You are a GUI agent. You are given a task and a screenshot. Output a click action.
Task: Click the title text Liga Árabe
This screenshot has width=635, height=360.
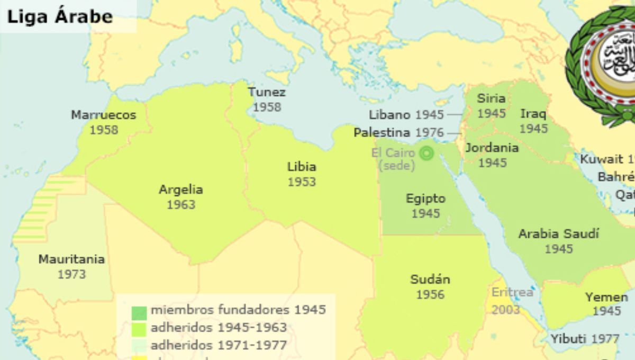[x=60, y=16]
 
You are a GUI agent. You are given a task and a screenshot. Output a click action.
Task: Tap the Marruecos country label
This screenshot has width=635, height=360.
[x=104, y=115]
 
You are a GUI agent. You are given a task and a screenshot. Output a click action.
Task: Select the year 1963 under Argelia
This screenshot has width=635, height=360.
[x=181, y=205]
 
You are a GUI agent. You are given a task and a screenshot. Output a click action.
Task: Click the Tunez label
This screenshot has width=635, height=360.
[x=267, y=92]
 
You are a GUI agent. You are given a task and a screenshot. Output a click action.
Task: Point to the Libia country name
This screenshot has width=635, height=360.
[x=302, y=167]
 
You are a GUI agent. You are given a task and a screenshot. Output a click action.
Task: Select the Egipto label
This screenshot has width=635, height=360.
[x=425, y=199]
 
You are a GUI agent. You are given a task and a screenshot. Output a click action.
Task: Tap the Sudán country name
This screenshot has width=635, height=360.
[x=430, y=280]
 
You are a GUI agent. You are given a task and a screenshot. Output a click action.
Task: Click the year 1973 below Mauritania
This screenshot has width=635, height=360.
[x=71, y=274]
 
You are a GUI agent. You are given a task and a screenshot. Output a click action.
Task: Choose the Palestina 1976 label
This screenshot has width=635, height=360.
[x=398, y=132]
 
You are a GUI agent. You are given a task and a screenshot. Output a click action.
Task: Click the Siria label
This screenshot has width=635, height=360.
[x=491, y=98]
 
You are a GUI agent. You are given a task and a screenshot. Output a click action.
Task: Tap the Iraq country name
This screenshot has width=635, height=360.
[x=533, y=114]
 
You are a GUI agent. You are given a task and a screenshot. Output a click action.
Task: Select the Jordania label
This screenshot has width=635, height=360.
[x=492, y=148]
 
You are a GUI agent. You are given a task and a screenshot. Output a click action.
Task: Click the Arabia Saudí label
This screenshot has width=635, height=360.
[x=558, y=233]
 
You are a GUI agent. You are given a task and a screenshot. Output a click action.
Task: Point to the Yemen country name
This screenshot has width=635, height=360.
[x=606, y=297]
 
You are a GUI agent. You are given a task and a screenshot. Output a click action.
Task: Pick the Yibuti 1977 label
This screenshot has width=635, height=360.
[x=585, y=339]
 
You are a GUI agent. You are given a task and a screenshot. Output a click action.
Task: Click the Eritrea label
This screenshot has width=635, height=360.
[x=512, y=292]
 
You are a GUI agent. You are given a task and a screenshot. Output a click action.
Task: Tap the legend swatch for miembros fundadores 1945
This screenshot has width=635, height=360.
[x=139, y=313]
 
